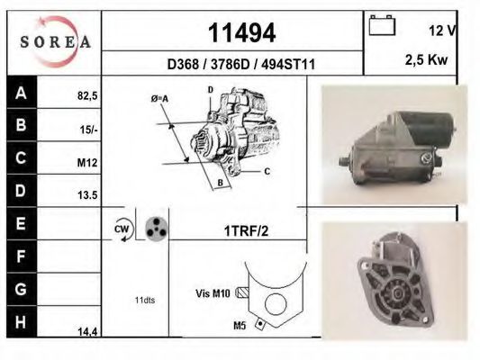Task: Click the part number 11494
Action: coord(241,32)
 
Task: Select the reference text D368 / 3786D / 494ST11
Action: coord(241,64)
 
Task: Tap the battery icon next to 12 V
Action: coord(382,26)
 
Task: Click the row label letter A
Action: coord(20,91)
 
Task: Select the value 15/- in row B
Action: coord(87,130)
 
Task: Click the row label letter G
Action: coord(20,289)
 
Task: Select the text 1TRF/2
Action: coord(245,230)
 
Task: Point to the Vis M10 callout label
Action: coord(213,292)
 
